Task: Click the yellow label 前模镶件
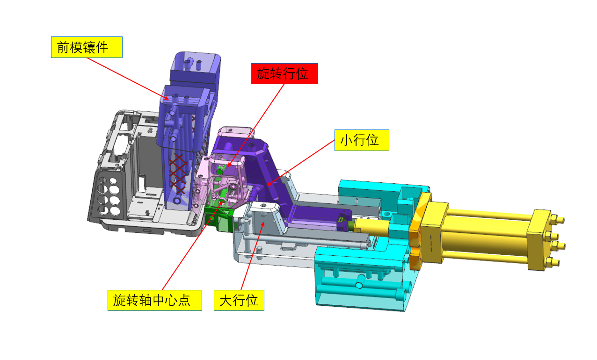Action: point(87,47)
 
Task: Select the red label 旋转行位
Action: point(284,73)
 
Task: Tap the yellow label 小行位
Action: point(362,140)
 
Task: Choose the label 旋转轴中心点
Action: point(154,300)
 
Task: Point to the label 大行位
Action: point(239,300)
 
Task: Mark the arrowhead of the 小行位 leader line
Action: point(269,184)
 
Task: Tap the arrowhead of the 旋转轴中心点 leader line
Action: point(221,202)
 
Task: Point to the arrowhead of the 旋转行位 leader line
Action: point(229,165)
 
